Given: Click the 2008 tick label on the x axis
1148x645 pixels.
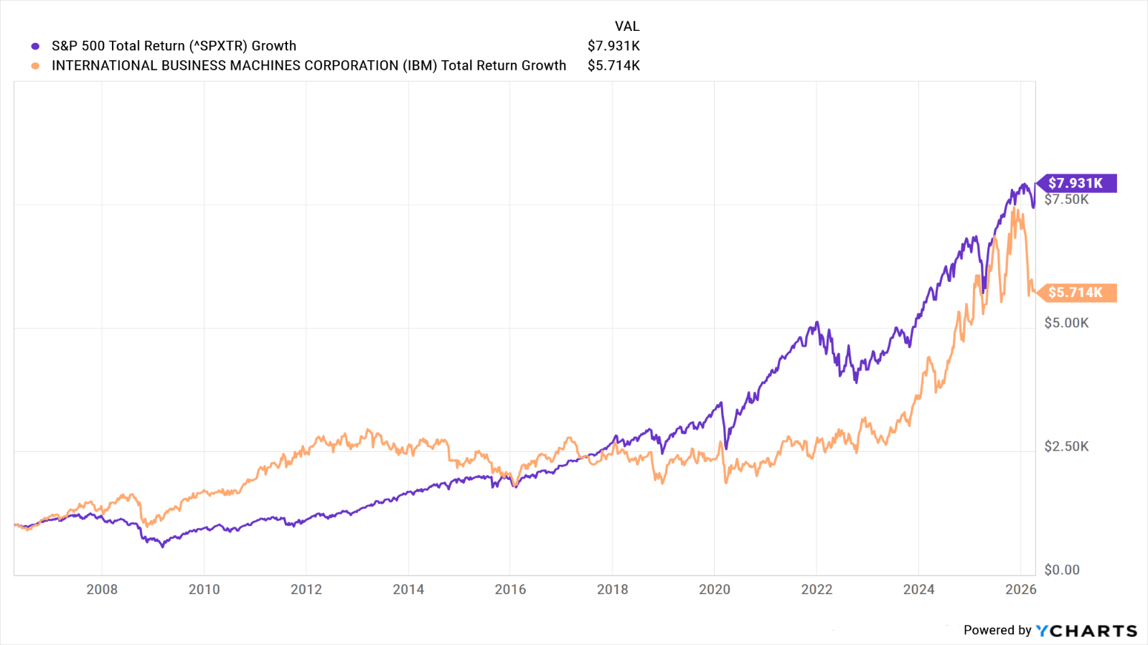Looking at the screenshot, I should pyautogui.click(x=102, y=589).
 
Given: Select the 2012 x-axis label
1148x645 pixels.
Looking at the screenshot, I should pyautogui.click(x=306, y=589).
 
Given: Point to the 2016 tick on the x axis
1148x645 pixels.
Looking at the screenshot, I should pyautogui.click(x=510, y=589).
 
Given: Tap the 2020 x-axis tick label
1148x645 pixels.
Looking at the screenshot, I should pyautogui.click(x=715, y=589).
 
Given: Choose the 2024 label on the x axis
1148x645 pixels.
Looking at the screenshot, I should pyautogui.click(x=918, y=589).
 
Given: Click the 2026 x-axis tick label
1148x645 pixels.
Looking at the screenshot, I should pyautogui.click(x=1020, y=589).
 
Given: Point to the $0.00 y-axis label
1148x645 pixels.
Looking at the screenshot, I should pyautogui.click(x=1062, y=570).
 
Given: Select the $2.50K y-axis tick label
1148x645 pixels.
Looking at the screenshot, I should pyautogui.click(x=1066, y=446).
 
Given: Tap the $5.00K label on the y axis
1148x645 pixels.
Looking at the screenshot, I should pyautogui.click(x=1066, y=323).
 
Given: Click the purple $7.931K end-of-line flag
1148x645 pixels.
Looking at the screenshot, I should pyautogui.click(x=1076, y=183).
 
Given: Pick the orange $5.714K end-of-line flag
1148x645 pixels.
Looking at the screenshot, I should pyautogui.click(x=1076, y=292).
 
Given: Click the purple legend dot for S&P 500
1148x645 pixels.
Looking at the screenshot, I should pyautogui.click(x=35, y=46).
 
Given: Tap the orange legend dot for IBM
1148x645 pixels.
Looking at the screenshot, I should pyautogui.click(x=35, y=66).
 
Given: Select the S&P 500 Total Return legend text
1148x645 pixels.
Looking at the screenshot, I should pyautogui.click(x=174, y=46).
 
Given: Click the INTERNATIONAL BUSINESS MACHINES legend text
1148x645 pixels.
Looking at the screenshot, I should pyautogui.click(x=309, y=65).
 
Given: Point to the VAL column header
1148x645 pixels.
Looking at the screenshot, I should pyautogui.click(x=626, y=26).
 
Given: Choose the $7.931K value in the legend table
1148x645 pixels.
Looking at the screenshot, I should pyautogui.click(x=613, y=46).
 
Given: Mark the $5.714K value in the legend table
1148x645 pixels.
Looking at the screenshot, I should pyautogui.click(x=613, y=65).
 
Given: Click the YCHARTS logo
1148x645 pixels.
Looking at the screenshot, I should pyautogui.click(x=1086, y=631).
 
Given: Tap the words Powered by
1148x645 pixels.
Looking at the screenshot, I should pyautogui.click(x=997, y=630).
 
